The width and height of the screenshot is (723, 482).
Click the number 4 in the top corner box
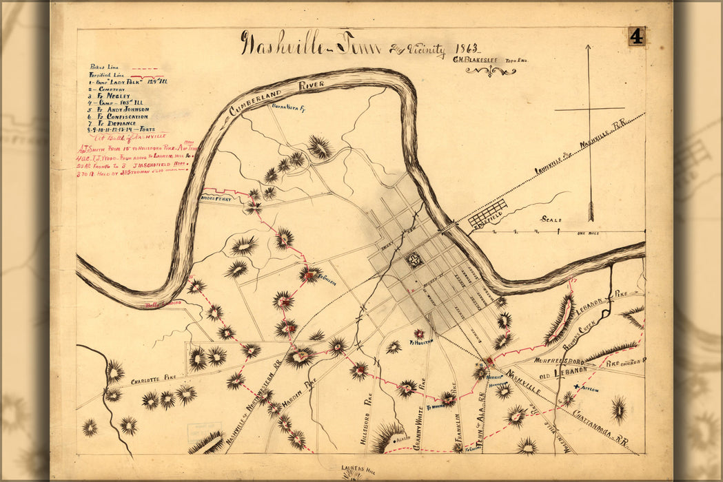coord(635,36)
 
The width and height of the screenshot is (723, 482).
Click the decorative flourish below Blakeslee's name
coord(490,71)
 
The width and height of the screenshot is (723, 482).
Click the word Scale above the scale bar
coord(551,220)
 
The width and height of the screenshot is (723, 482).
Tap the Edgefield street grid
coord(488,213)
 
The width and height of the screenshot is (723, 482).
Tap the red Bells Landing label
coord(163,304)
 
